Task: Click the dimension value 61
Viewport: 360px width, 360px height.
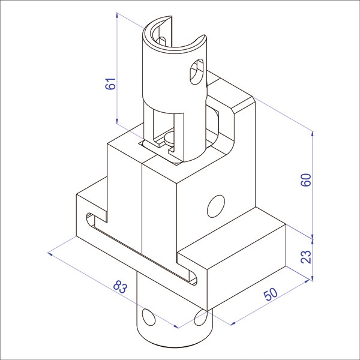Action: [110, 85]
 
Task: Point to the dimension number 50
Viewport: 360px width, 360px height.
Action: [269, 294]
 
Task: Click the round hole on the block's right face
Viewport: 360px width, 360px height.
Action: [215, 205]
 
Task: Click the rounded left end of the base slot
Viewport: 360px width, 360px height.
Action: [91, 220]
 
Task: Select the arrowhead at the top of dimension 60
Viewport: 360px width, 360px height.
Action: [311, 132]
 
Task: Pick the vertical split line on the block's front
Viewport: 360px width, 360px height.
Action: [142, 204]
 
